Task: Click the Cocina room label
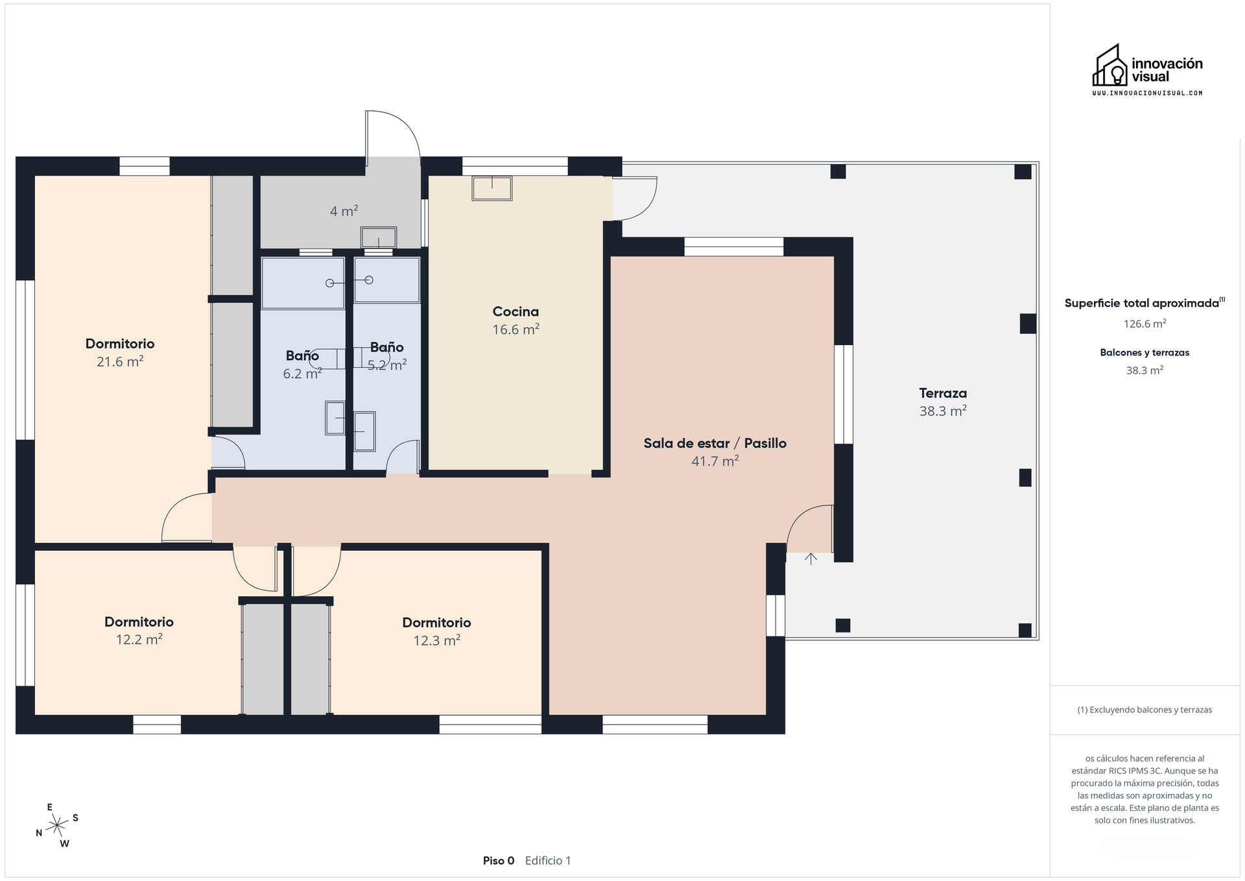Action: click(516, 311)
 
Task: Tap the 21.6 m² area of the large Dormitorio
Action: click(120, 362)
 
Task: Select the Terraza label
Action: click(943, 393)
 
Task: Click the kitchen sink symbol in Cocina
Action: click(492, 188)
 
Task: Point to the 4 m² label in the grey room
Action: click(344, 211)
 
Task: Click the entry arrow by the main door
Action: click(811, 558)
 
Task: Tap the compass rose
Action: click(58, 825)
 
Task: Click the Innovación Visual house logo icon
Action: click(1110, 66)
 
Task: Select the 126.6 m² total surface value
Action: click(1144, 323)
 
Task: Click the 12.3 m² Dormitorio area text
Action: click(436, 641)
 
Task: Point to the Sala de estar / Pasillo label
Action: click(715, 443)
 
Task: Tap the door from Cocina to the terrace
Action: click(635, 198)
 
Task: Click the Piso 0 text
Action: click(498, 861)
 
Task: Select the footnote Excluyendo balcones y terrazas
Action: click(1144, 710)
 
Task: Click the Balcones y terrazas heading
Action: click(1144, 353)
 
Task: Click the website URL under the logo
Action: click(1146, 93)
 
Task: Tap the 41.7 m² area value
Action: click(715, 461)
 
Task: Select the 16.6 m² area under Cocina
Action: click(516, 330)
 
